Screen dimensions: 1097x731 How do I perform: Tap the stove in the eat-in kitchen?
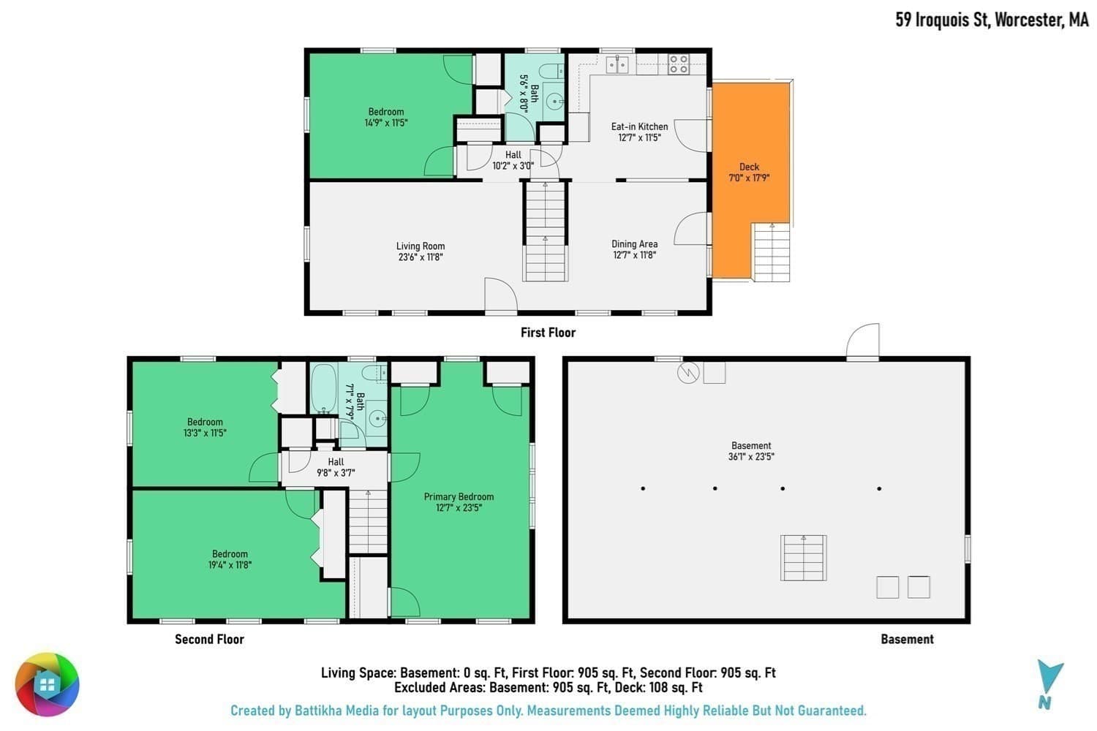click(x=679, y=64)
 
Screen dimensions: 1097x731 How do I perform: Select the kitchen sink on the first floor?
click(x=617, y=64)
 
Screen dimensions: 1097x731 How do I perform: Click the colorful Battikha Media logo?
click(x=47, y=684)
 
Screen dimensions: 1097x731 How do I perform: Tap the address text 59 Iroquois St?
click(x=942, y=20)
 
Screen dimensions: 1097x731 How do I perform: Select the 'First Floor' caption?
click(x=548, y=333)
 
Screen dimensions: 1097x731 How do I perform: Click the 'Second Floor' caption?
click(x=209, y=640)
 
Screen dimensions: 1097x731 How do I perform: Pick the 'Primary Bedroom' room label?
click(x=459, y=497)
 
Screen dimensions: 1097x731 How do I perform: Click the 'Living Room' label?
click(x=421, y=246)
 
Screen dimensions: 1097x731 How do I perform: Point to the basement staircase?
click(x=804, y=558)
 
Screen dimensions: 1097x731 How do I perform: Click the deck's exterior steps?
click(x=772, y=252)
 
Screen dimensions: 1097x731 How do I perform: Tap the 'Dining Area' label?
click(x=634, y=244)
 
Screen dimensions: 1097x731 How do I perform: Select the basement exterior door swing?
click(x=863, y=342)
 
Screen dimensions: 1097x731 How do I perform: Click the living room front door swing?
click(x=500, y=295)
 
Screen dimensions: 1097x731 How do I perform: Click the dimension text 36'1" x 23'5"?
click(x=751, y=457)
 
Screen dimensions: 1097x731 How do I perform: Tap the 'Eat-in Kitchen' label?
click(x=639, y=126)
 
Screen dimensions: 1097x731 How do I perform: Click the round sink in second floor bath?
click(x=377, y=419)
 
